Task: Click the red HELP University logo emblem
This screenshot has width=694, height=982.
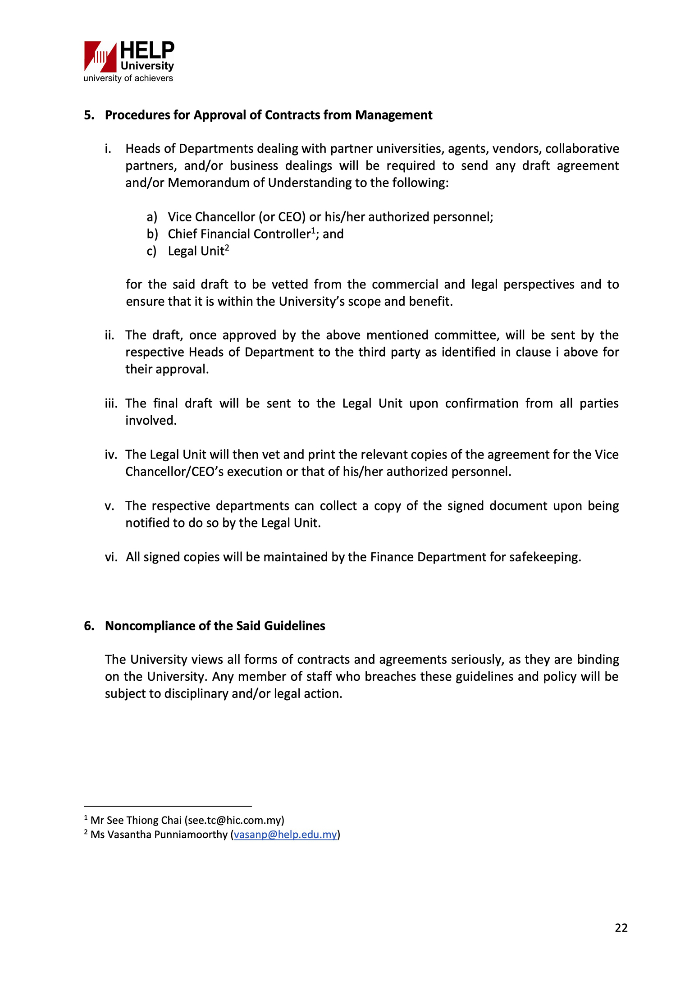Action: (x=100, y=56)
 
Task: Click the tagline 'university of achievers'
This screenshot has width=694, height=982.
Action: (x=128, y=78)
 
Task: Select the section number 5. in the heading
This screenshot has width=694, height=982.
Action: (x=89, y=115)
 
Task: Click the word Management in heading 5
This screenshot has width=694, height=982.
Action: (x=393, y=115)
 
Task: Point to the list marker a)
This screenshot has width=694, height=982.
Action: (x=152, y=217)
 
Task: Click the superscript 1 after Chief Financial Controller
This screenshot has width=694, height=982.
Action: (x=313, y=230)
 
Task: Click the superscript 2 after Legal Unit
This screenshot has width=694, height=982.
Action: (x=227, y=248)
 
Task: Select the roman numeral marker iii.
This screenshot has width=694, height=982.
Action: (x=111, y=404)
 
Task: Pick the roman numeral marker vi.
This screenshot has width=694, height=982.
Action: (x=111, y=557)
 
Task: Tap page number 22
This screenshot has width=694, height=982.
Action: (x=621, y=928)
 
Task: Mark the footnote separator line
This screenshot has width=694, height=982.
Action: (x=168, y=806)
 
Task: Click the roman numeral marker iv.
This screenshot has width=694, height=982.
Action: (x=111, y=455)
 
